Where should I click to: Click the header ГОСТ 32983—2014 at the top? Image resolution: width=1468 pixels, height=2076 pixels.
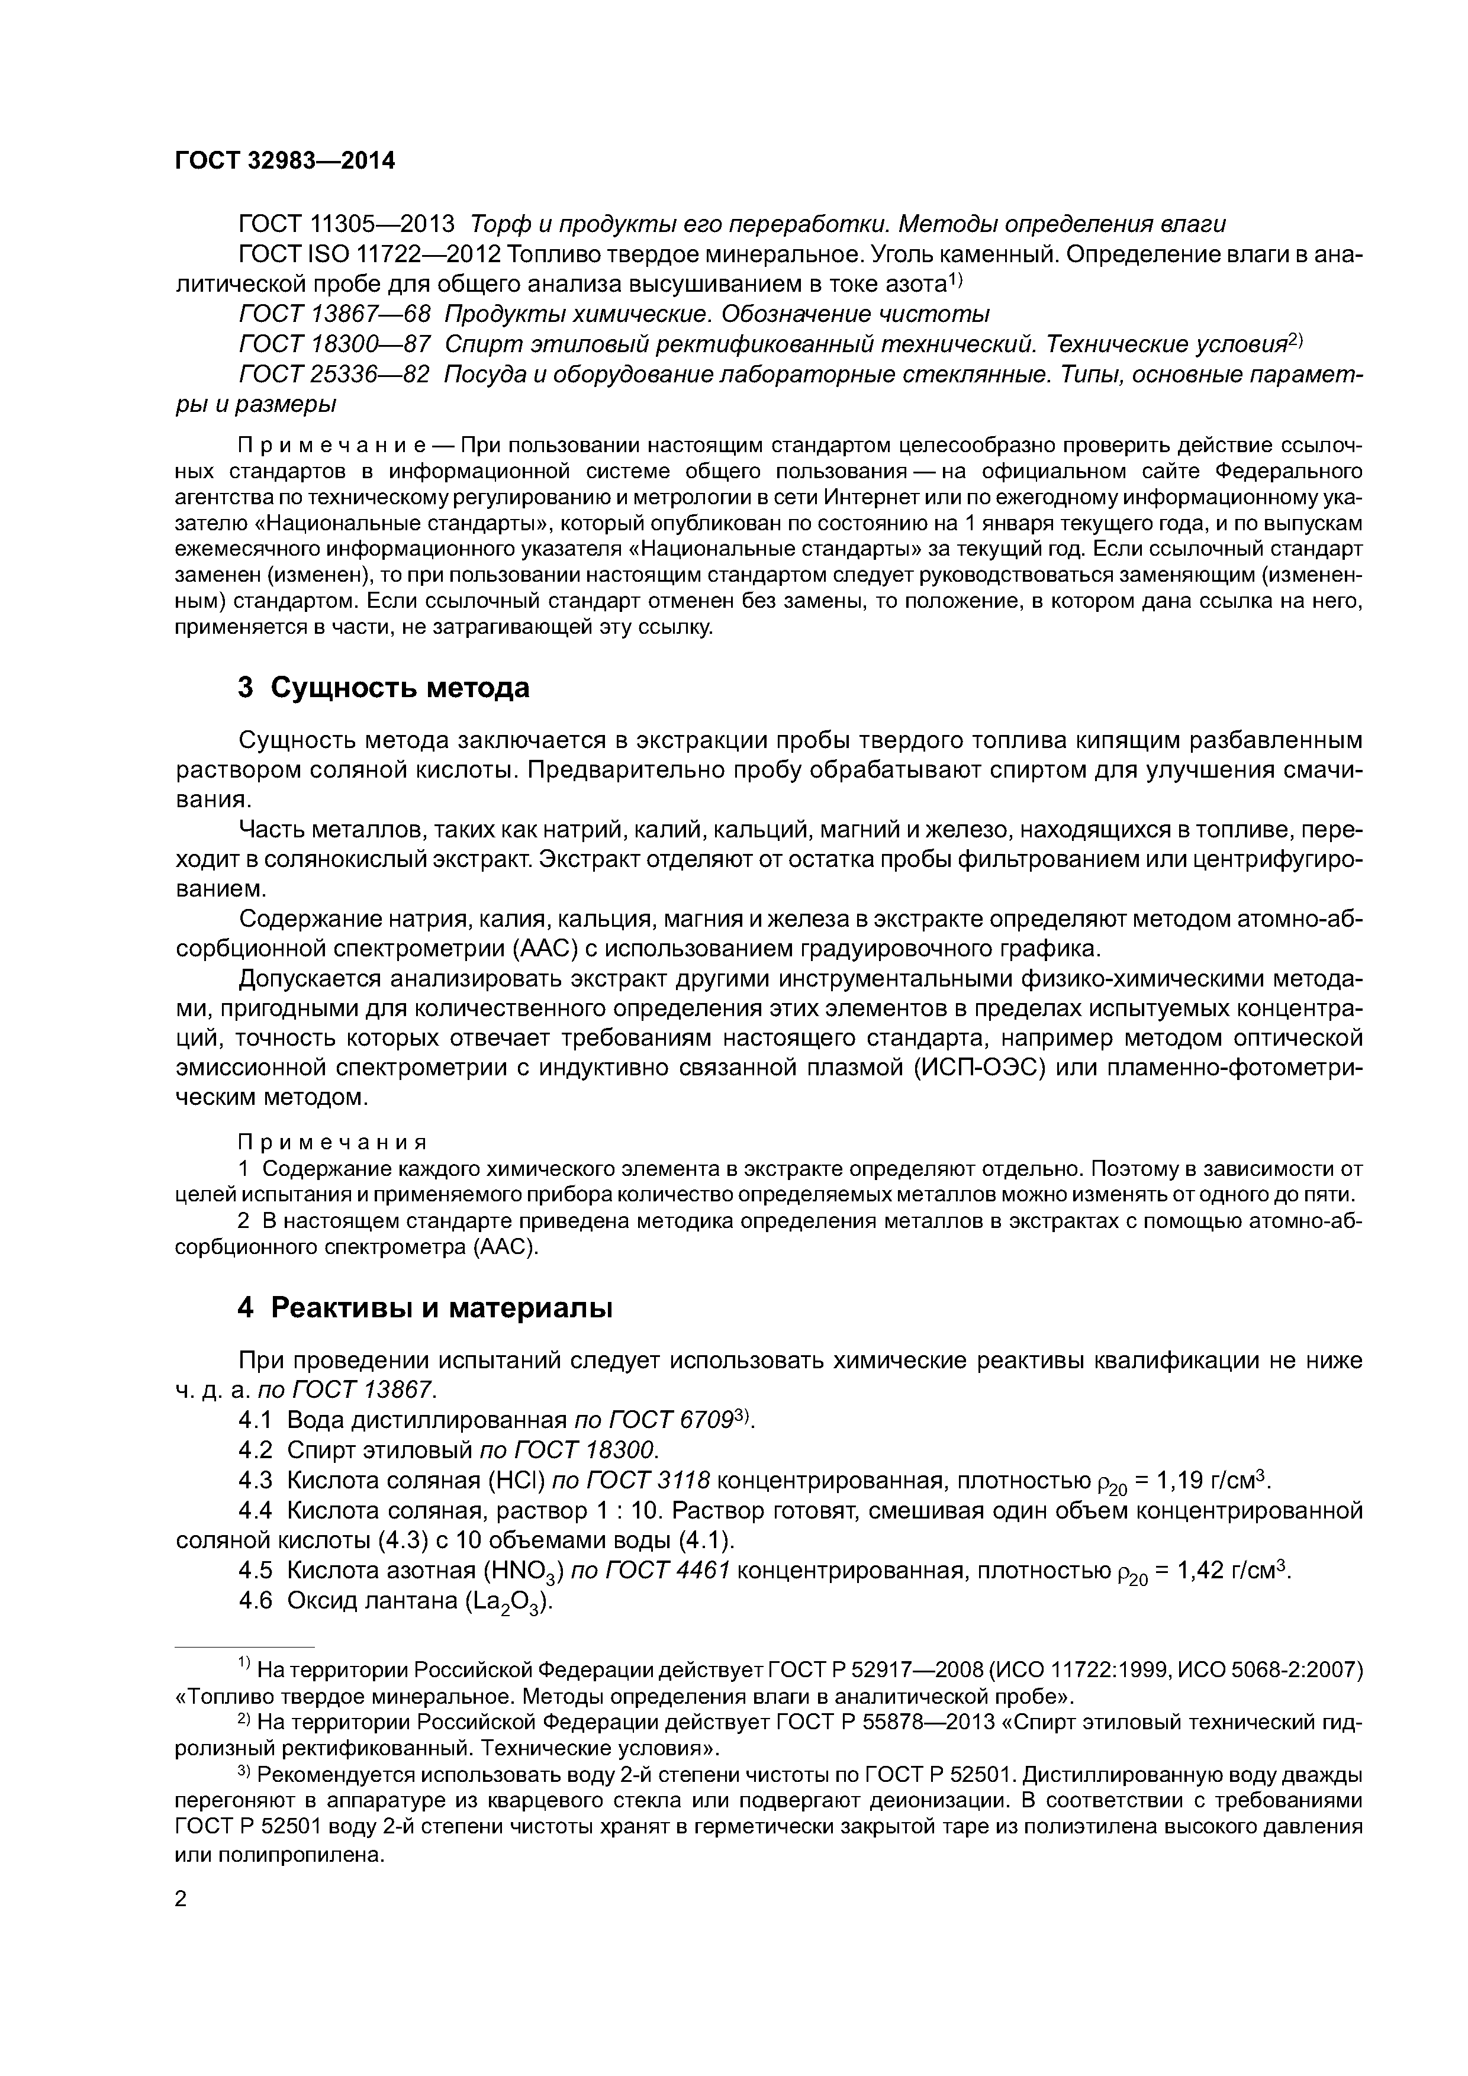(285, 161)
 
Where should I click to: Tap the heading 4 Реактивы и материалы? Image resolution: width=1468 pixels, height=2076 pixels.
(425, 1307)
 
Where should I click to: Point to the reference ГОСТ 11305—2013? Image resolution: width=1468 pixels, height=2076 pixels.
(346, 224)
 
